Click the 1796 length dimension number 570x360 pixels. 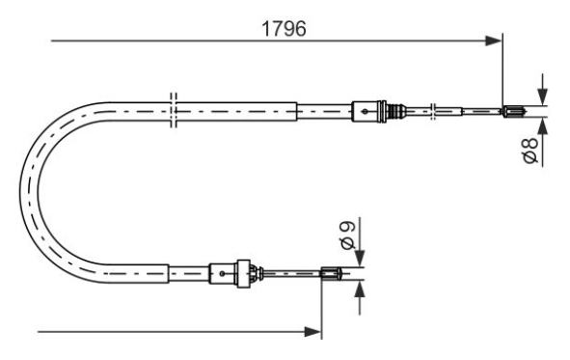(x=284, y=29)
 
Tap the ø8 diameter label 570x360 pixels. (x=530, y=150)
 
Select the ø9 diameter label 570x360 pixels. (x=348, y=235)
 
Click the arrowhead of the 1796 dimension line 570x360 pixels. (x=493, y=41)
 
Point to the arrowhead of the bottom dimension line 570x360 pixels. (x=312, y=332)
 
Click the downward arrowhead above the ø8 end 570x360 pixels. (x=542, y=97)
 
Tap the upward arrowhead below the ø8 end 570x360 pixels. (x=542, y=125)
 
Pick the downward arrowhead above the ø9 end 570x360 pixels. (x=360, y=259)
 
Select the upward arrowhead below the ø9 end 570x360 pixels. (x=360, y=289)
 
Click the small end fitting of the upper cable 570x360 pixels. (x=514, y=111)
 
